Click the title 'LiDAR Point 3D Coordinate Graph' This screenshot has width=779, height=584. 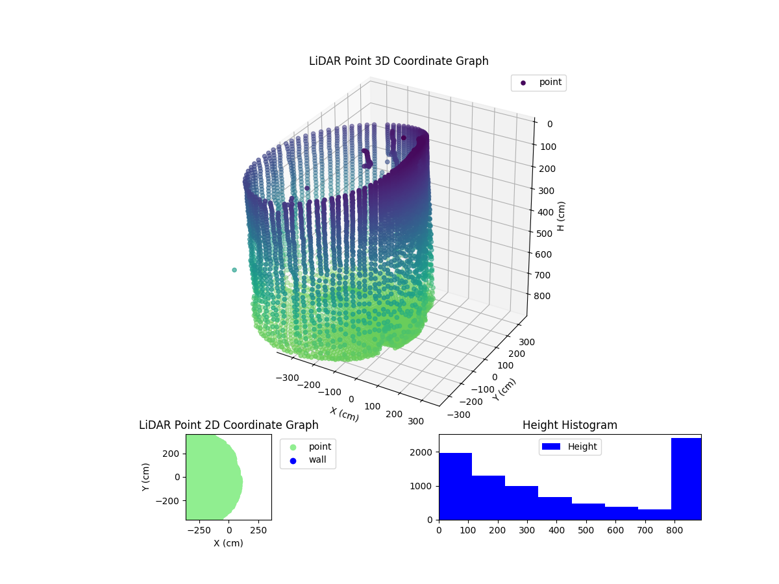point(399,61)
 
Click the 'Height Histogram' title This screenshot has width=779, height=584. point(569,425)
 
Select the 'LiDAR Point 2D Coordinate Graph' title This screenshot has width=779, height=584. point(229,425)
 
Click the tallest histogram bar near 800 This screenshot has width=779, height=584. point(686,479)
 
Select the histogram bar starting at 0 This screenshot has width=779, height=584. point(455,486)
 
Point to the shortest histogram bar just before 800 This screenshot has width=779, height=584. point(654,514)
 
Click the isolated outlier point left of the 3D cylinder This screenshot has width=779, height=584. point(234,270)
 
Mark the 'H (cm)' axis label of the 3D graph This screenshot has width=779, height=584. point(562,215)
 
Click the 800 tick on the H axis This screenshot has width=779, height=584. point(545,296)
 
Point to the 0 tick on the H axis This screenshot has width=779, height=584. point(549,124)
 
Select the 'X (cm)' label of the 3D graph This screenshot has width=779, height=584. point(344,414)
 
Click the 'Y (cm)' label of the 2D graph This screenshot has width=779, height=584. point(147,477)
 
